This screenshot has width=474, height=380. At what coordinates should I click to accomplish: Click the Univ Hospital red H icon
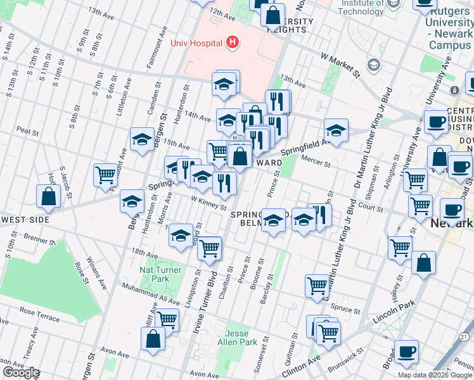[x=233, y=43]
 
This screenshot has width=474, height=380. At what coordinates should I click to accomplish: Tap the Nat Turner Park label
[x=160, y=274]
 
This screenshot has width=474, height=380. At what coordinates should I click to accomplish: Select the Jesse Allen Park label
[x=242, y=337]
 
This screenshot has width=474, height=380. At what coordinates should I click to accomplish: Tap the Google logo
[x=21, y=373]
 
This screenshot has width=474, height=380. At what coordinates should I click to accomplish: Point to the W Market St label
[x=340, y=65]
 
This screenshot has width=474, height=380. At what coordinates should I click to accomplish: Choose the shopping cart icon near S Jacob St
[x=105, y=175]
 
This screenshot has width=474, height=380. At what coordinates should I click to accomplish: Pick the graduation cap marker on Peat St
[x=142, y=139]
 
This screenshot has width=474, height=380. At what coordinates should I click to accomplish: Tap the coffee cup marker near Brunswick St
[x=406, y=351]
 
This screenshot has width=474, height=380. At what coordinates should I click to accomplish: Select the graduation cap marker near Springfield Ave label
[x=336, y=130]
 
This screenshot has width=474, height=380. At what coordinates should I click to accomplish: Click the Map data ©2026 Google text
[x=435, y=375]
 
